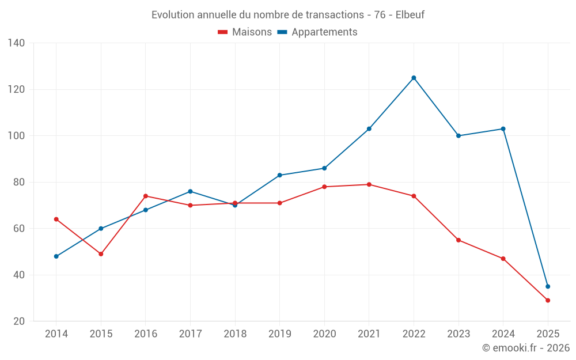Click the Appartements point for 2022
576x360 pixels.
[414, 78]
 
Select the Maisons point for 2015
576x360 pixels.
[101, 254]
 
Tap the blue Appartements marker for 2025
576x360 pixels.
[548, 286]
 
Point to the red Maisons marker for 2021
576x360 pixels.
[369, 184]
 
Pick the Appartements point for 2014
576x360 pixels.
[56, 256]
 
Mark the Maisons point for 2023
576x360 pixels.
[458, 240]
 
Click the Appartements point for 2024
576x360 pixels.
[503, 129]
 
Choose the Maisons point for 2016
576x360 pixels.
[146, 196]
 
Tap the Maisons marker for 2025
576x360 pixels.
[548, 300]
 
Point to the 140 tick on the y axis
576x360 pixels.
[17, 43]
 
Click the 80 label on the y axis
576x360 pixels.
[19, 182]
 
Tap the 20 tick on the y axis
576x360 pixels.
[19, 321]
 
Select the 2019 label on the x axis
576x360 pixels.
[280, 334]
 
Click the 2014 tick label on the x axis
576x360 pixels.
[56, 334]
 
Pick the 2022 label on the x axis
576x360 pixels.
[414, 334]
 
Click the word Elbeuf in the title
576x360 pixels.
[410, 15]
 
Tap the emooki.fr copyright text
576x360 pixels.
[526, 348]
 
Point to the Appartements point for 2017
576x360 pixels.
[190, 191]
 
